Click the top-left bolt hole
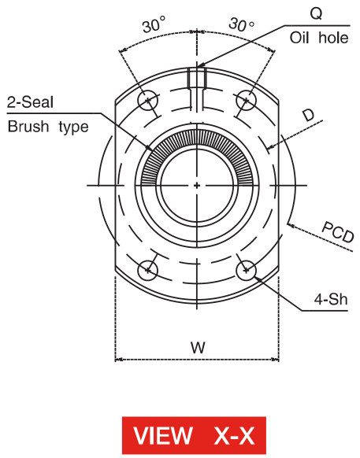click(148, 101)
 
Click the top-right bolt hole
click(247, 101)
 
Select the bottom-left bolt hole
click(148, 271)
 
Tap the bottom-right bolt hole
click(247, 271)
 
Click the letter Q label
click(317, 13)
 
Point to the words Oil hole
click(319, 38)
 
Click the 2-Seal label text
click(31, 102)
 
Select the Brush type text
click(48, 127)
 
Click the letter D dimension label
click(308, 115)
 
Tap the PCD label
click(338, 231)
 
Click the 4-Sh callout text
click(331, 299)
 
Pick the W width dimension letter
click(198, 347)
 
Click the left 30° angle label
click(154, 24)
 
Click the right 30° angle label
click(241, 24)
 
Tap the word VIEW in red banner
click(163, 435)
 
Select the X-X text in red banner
click(234, 435)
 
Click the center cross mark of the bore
click(197, 185)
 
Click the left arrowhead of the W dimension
click(118, 360)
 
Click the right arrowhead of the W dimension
click(276, 360)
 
